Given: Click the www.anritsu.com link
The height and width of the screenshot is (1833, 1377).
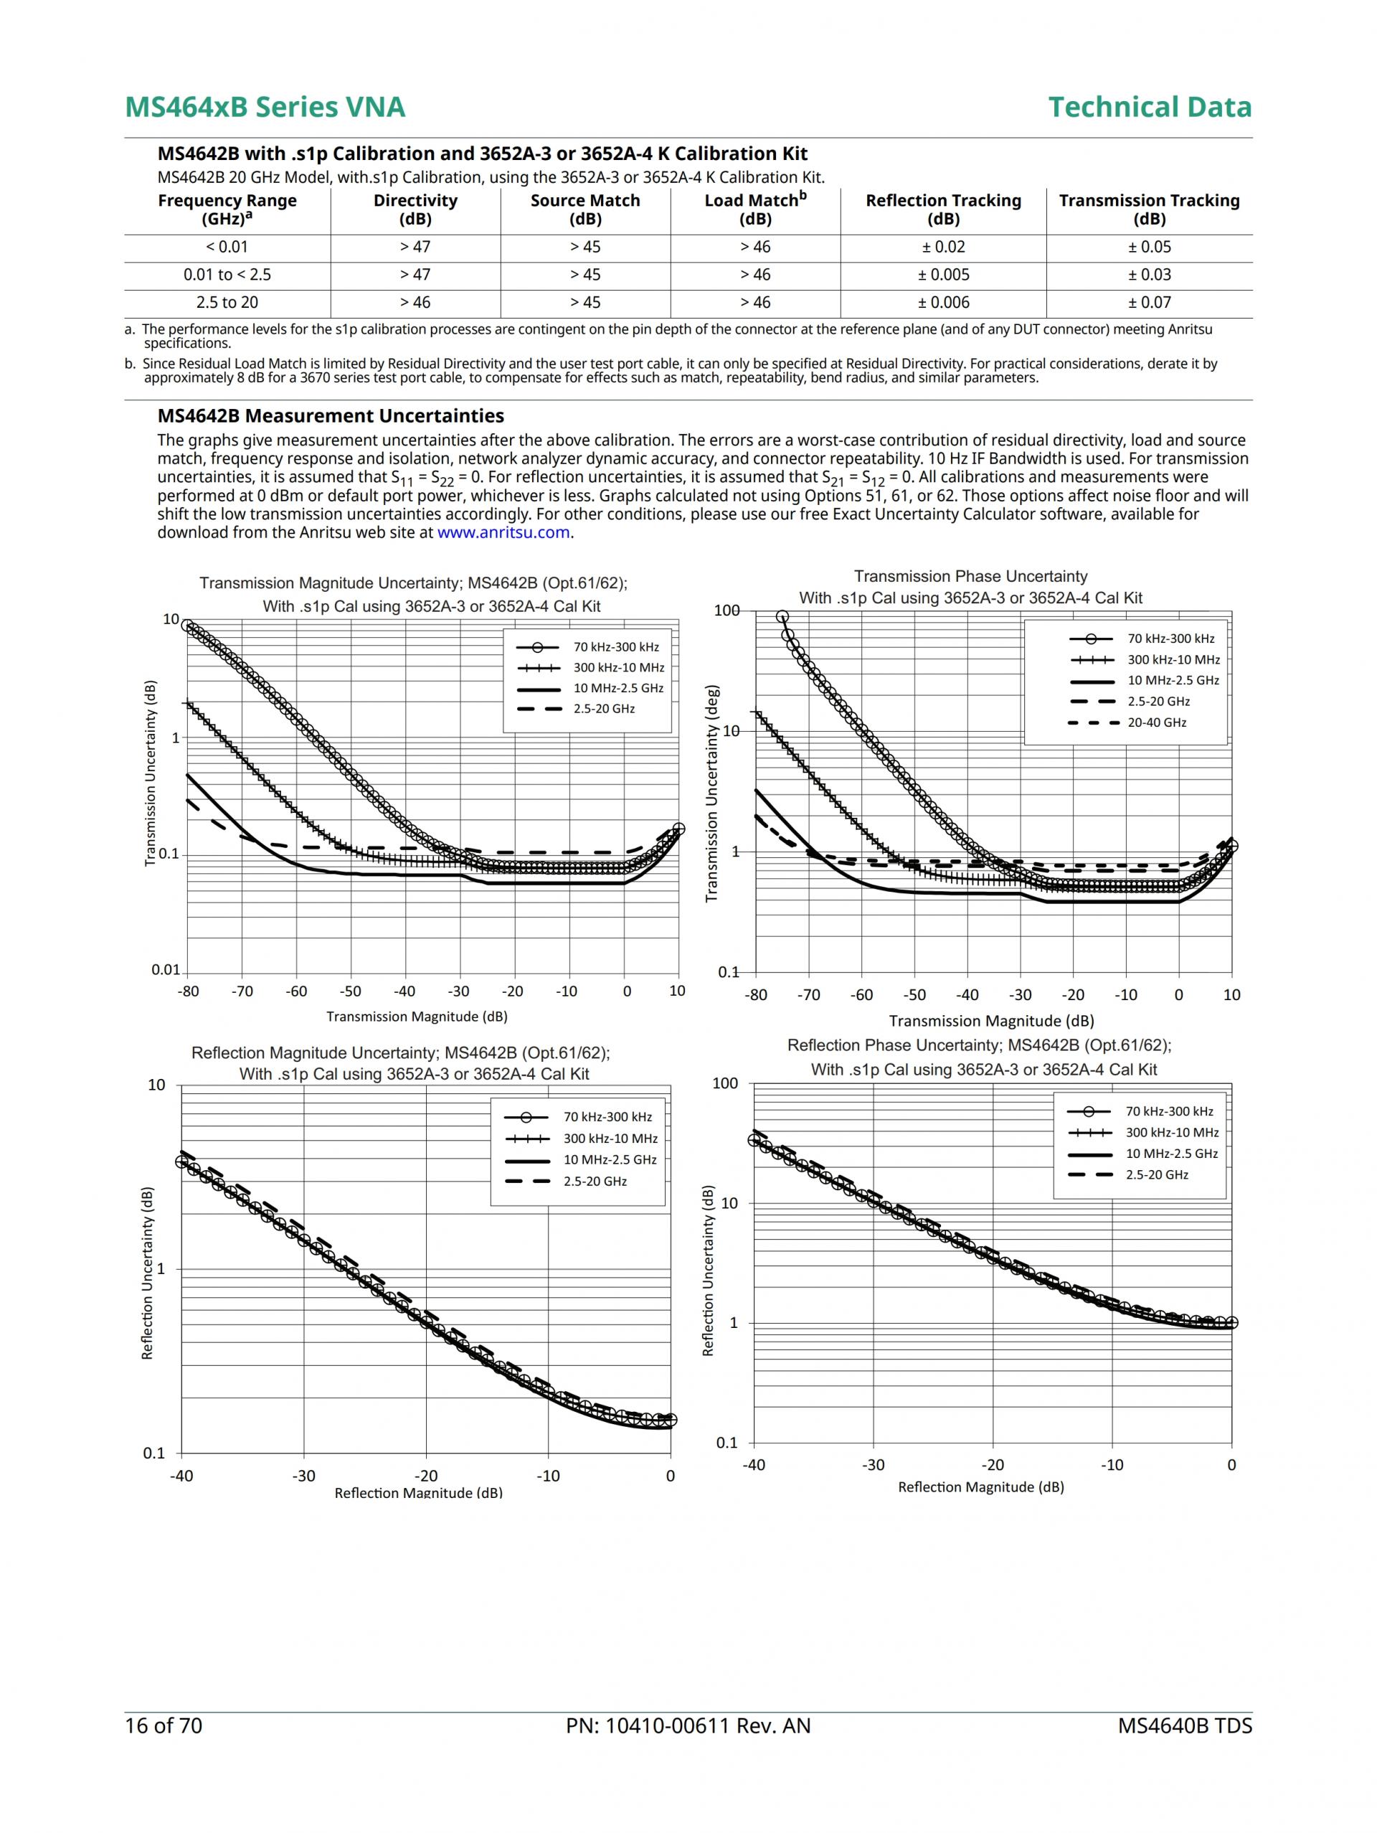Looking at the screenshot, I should click(x=503, y=533).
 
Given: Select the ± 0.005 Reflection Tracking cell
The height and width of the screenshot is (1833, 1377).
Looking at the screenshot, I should click(x=943, y=275).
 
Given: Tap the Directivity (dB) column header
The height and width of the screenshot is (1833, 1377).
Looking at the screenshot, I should click(x=415, y=209).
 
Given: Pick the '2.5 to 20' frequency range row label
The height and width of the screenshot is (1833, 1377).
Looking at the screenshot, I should click(x=227, y=303).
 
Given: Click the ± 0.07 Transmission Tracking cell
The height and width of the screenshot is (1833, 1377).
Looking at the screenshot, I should click(x=1149, y=303).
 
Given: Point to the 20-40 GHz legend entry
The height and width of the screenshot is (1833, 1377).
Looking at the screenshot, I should click(x=1156, y=722).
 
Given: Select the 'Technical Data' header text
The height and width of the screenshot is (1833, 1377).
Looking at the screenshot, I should click(x=1149, y=107).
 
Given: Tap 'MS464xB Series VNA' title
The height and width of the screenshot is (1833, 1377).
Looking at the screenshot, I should click(x=265, y=107).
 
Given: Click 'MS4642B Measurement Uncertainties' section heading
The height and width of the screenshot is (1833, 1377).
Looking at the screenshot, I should click(x=331, y=416).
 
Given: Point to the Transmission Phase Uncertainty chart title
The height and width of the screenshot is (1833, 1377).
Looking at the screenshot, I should click(x=970, y=577).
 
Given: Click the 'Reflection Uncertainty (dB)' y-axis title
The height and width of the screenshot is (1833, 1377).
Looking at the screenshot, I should click(x=148, y=1273).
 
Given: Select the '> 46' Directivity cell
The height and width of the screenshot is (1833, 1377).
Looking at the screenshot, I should click(x=415, y=303).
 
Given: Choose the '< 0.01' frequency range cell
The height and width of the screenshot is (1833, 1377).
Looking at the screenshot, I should click(x=227, y=247).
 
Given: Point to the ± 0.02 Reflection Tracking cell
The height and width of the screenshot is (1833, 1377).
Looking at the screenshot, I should click(x=943, y=247).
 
